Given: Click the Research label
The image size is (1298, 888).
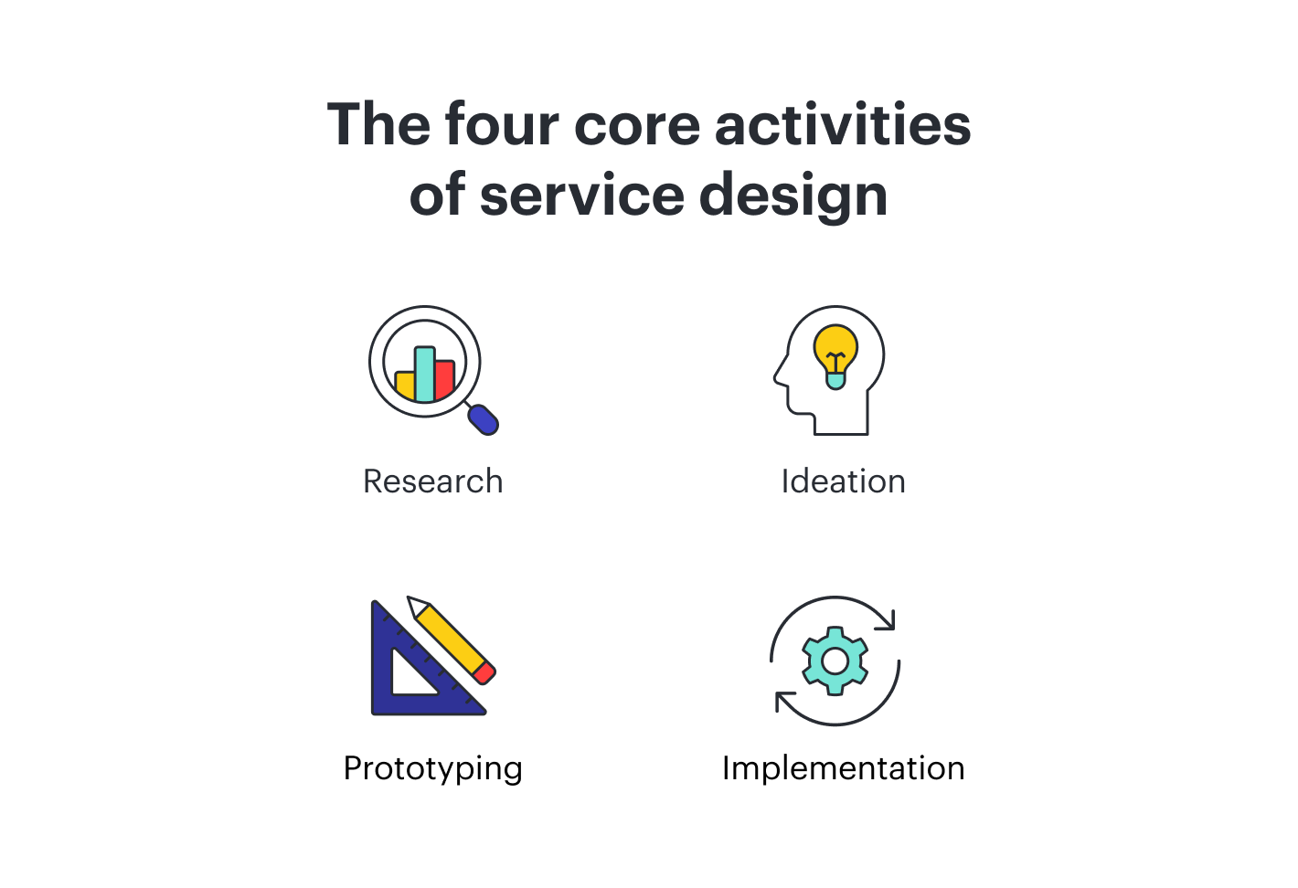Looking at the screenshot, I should tap(432, 481).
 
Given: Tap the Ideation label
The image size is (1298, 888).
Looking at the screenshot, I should tap(843, 481).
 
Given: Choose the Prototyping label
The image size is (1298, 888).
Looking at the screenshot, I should tap(432, 768).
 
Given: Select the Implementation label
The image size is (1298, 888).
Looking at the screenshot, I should tap(843, 768).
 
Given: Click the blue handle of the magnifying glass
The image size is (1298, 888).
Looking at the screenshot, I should tap(484, 419).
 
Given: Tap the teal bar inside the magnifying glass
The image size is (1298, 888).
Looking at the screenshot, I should tap(424, 374).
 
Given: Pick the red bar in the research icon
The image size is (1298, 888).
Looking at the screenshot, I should tap(445, 379).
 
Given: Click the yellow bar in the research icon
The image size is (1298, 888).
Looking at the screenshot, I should tap(404, 385).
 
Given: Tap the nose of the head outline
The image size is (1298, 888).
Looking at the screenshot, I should tap(779, 375).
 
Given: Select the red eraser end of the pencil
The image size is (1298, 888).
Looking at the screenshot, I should tap(484, 674).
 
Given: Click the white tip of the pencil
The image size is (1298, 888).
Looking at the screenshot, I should tap(416, 606).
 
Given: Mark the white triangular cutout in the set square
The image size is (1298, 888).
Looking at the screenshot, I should tap(410, 677).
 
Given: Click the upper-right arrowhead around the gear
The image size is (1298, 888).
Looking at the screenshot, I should tap(888, 621).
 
